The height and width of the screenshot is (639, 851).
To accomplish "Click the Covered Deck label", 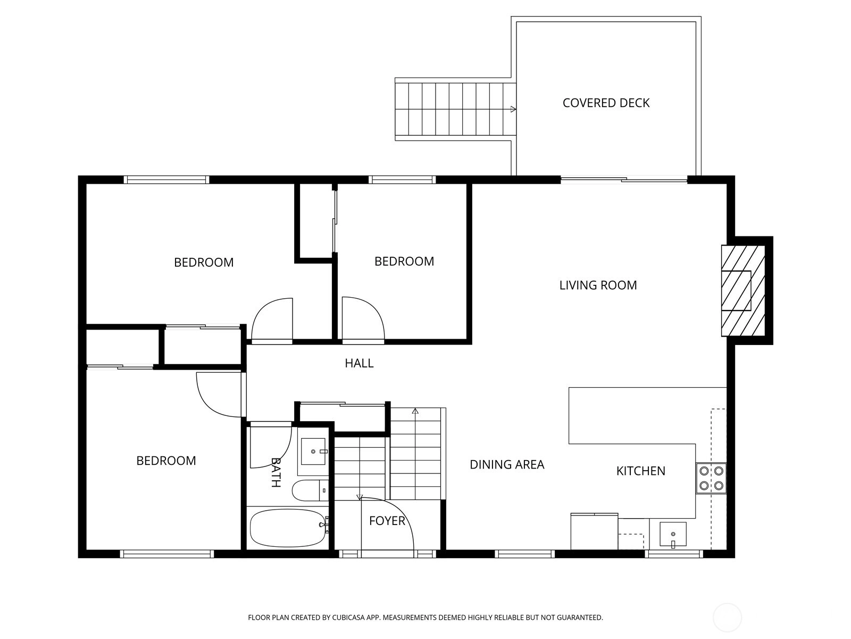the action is (606, 103).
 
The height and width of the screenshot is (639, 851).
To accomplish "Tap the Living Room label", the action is (598, 285).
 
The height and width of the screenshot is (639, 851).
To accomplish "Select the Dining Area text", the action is (507, 464).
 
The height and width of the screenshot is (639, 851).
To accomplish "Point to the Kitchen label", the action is (640, 471).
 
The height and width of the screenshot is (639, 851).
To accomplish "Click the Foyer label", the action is (387, 521).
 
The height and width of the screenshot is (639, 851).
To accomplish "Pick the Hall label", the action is (359, 363).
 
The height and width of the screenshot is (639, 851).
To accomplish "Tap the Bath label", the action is (276, 472).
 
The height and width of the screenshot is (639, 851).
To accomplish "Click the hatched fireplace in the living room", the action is (743, 291).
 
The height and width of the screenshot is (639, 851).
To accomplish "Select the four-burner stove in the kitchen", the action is (711, 478).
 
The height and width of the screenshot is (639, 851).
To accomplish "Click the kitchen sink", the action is (673, 535).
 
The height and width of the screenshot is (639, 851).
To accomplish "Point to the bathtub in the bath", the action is (288, 528).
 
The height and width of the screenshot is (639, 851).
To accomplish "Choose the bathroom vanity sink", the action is (313, 451).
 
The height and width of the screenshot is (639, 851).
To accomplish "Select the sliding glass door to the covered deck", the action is (624, 179).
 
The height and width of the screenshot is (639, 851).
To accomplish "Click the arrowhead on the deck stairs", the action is (513, 109).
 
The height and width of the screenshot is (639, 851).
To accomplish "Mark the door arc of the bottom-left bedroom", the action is (210, 404).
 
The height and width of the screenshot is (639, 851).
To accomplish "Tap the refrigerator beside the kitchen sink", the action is (594, 531).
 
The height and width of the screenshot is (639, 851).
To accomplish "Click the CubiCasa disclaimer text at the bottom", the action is (425, 617).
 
